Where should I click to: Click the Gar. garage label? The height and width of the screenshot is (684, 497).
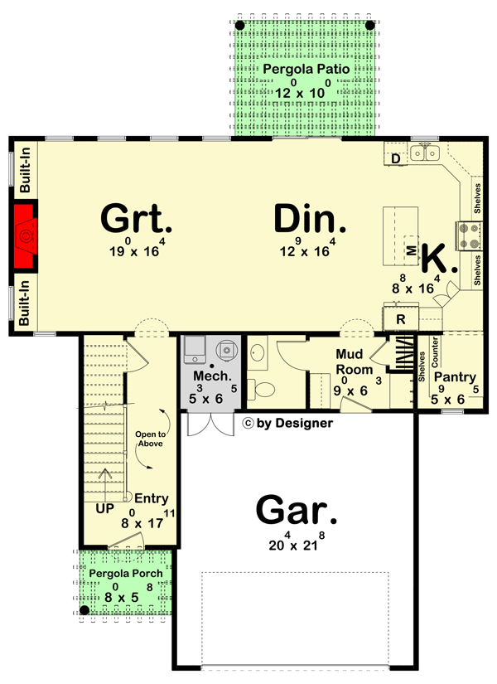tap(297, 510)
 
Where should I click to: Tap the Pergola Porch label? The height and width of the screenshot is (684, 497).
tap(127, 574)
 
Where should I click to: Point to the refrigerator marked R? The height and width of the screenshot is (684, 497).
tap(400, 318)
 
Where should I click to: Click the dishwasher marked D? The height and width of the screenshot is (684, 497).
tap(396, 158)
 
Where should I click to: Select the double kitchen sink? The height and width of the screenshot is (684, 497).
tap(427, 153)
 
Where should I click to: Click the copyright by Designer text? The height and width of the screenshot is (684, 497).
tap(287, 423)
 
